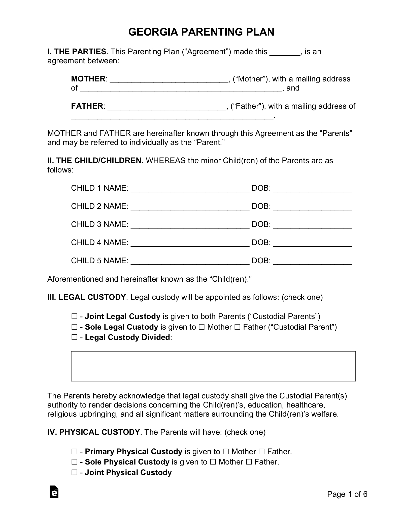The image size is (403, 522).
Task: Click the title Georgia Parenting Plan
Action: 201,32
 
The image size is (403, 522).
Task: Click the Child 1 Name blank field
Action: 190,189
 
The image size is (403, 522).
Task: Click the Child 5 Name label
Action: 100,260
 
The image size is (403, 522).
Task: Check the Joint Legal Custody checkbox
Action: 74,316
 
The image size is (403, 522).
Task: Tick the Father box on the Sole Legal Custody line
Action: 237,327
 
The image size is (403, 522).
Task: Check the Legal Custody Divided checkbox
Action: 74,337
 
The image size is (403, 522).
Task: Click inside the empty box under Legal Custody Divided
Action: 213,366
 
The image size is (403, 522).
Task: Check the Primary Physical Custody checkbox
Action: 74,451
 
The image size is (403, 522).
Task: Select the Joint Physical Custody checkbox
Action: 74,473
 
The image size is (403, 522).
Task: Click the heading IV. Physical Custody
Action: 93,432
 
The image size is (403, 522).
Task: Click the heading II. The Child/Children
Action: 94,161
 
